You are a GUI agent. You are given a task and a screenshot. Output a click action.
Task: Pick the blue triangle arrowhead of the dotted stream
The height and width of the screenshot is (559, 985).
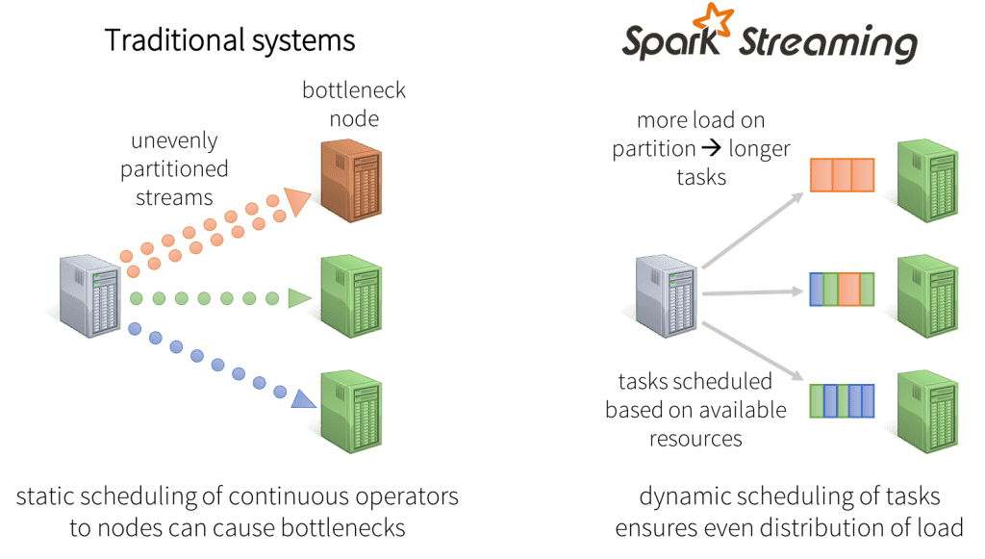302,396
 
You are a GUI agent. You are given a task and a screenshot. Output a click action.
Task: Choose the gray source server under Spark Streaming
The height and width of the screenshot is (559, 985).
664,295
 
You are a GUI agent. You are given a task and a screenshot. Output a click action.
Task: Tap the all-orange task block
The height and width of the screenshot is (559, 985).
842,175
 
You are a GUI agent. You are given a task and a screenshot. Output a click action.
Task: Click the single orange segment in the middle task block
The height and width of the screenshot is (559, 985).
848,289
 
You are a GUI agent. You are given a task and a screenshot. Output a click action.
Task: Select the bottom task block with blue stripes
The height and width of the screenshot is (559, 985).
842,400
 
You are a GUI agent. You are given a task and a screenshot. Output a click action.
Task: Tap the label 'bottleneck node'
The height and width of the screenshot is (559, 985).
343,105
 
